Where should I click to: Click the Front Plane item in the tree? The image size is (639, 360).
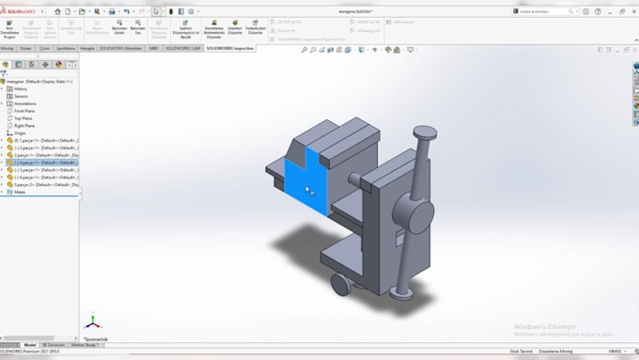coord(25,111)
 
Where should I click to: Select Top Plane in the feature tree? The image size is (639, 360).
coord(23,118)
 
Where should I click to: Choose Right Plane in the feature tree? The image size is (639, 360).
coord(25,125)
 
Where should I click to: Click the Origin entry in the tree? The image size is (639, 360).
coord(20,133)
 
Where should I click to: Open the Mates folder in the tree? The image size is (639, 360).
coord(20,192)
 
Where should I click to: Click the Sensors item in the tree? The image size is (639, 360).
coord(21,96)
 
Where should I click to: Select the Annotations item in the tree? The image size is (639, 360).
coord(24,103)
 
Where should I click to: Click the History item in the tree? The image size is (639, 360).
coord(21,88)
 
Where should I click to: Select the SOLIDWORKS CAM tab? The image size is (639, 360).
coord(183,47)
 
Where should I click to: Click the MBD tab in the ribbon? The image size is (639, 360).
coord(154,47)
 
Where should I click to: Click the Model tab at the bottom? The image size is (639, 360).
coord(30,345)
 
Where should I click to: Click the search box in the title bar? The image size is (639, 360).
coord(545,11)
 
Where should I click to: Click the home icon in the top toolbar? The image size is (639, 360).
coord(57,11)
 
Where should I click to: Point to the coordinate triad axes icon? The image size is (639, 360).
coord(91,322)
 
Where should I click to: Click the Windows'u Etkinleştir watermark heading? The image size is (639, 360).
coord(547,326)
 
